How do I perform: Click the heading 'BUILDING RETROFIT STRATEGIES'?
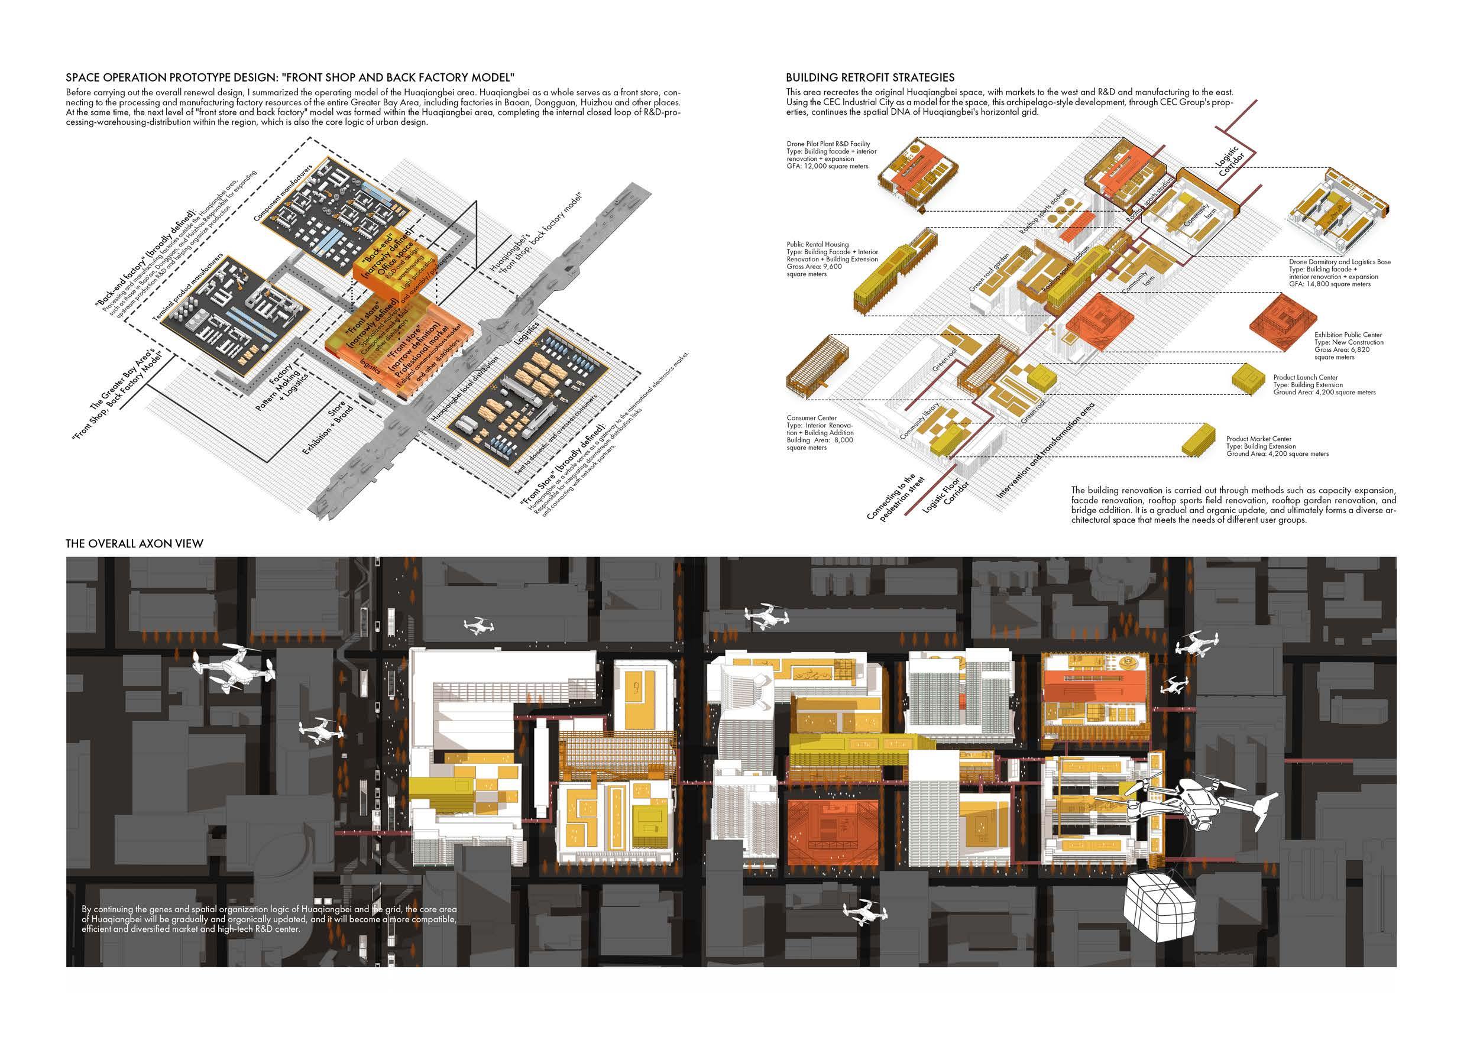pos(870,77)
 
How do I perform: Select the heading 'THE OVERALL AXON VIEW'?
pos(134,544)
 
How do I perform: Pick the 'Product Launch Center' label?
pos(1306,378)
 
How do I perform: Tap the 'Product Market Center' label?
pos(1259,439)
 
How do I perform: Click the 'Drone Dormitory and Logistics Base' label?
pos(1339,262)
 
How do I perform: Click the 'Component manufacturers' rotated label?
pos(283,193)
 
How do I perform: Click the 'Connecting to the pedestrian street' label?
pos(895,498)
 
